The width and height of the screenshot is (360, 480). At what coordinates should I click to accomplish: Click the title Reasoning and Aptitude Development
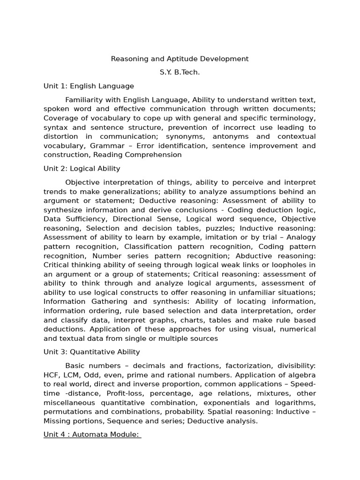(x=180, y=59)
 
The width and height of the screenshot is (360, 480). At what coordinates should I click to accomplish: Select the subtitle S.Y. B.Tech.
(x=180, y=72)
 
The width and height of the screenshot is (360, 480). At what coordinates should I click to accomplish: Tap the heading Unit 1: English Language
(x=89, y=86)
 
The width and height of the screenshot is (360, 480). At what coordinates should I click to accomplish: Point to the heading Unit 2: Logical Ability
(x=82, y=168)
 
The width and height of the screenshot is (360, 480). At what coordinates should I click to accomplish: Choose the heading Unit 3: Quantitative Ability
(x=91, y=352)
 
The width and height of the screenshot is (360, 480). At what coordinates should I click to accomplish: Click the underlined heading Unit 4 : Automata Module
(x=92, y=434)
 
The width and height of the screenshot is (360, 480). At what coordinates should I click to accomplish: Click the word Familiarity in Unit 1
(x=83, y=100)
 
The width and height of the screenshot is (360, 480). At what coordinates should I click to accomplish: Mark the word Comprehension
(x=153, y=155)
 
